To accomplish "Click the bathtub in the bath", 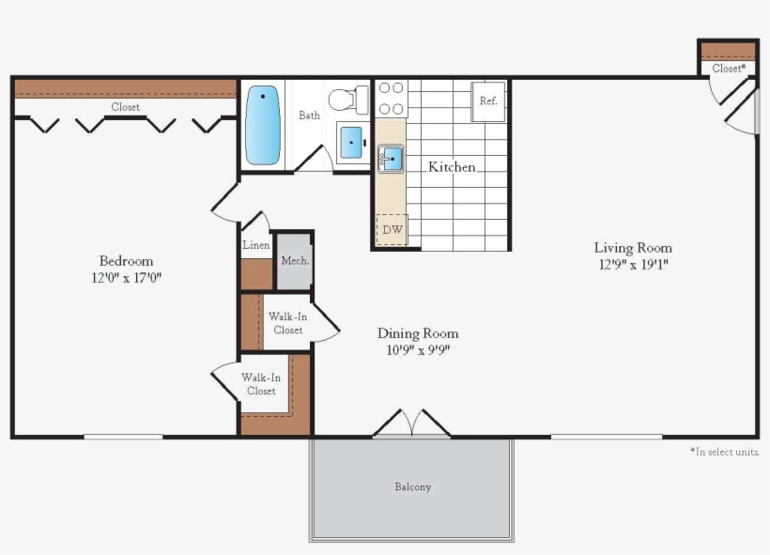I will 263,124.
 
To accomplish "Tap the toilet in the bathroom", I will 349,99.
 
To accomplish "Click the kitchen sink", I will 391,158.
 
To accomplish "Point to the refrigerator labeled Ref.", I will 488,100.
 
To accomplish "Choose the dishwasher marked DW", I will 392,229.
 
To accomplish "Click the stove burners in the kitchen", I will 391,99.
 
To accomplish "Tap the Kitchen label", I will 452,167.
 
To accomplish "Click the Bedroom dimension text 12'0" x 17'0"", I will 126,278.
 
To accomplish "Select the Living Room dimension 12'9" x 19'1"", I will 633,264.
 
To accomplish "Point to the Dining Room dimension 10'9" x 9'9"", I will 418,350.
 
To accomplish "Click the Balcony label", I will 412,486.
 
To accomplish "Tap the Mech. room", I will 295,260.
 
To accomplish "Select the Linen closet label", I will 256,245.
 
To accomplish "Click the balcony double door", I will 411,424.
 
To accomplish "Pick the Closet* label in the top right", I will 729,69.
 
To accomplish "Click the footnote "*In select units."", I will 723,452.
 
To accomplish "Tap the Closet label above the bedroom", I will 125,107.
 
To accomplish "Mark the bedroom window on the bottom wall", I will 123,437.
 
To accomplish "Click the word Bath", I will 309,116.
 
